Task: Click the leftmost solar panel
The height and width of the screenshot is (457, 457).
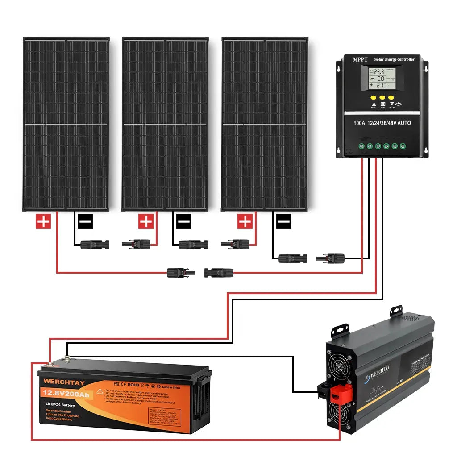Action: point(66,124)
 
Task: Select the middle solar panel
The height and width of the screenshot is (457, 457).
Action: point(165,124)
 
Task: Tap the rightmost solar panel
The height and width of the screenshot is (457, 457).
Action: point(265,124)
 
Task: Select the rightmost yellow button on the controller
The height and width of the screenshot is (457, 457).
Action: point(391,97)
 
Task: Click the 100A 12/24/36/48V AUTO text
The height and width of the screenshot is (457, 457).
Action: point(382,123)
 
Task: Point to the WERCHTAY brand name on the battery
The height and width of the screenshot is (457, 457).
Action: point(64,382)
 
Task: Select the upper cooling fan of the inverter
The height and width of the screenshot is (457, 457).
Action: point(340,357)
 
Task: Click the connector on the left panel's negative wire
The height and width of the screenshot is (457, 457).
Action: point(95,244)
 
